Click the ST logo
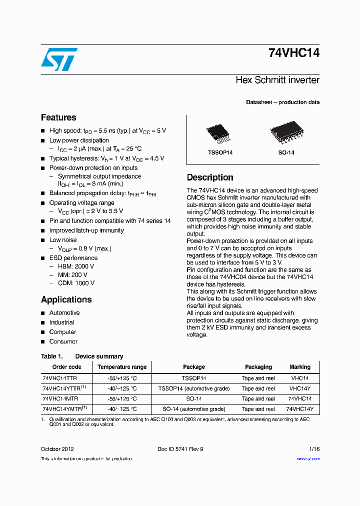pyautogui.click(x=59, y=59)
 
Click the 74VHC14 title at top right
pyautogui.click(x=293, y=53)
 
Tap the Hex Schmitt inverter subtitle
pyautogui.click(x=277, y=80)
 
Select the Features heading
pyautogui.click(x=58, y=117)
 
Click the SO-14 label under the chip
pyautogui.click(x=286, y=152)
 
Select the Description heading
pyautogui.click(x=210, y=177)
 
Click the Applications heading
pyautogui.click(x=66, y=299)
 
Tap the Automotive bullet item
pyautogui.click(x=64, y=313)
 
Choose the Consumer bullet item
pyautogui.click(x=63, y=341)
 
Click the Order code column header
pyautogui.click(x=66, y=367)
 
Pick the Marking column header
pyautogui.click(x=300, y=367)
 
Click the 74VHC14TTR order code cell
pyautogui.click(x=60, y=378)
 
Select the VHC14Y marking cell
pyautogui.click(x=300, y=388)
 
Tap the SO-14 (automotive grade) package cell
pyautogui.click(x=194, y=409)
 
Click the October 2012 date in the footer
pyautogui.click(x=57, y=449)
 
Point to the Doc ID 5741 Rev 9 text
pyautogui.click(x=180, y=449)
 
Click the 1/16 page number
pyautogui.click(x=314, y=449)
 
